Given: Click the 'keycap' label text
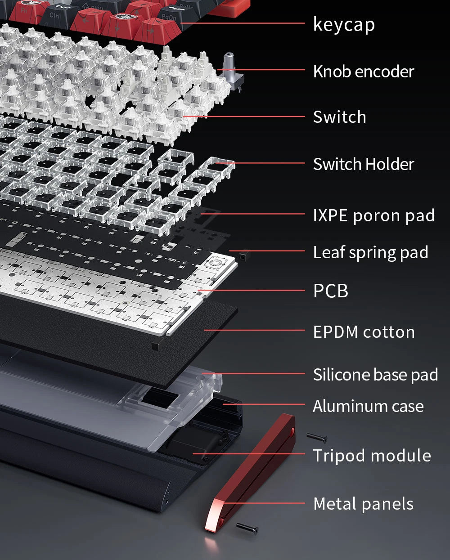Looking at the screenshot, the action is (344, 24).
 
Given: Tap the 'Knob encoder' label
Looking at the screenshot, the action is (364, 72).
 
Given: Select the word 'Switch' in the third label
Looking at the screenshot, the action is (340, 117).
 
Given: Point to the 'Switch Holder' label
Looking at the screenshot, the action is (364, 164).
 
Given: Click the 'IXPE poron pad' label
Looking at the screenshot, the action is (374, 216).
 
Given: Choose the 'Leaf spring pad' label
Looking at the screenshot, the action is (370, 253).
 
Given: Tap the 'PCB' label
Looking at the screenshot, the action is (331, 291).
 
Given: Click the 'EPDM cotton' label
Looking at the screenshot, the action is (364, 332).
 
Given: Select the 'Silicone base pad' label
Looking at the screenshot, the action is (375, 375).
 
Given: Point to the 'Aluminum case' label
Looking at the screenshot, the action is (368, 406).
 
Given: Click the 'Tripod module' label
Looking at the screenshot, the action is (372, 456).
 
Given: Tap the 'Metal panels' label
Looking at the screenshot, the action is (363, 504).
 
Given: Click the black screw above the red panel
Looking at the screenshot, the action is (317, 438).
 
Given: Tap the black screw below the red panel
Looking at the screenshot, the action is (247, 528).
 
